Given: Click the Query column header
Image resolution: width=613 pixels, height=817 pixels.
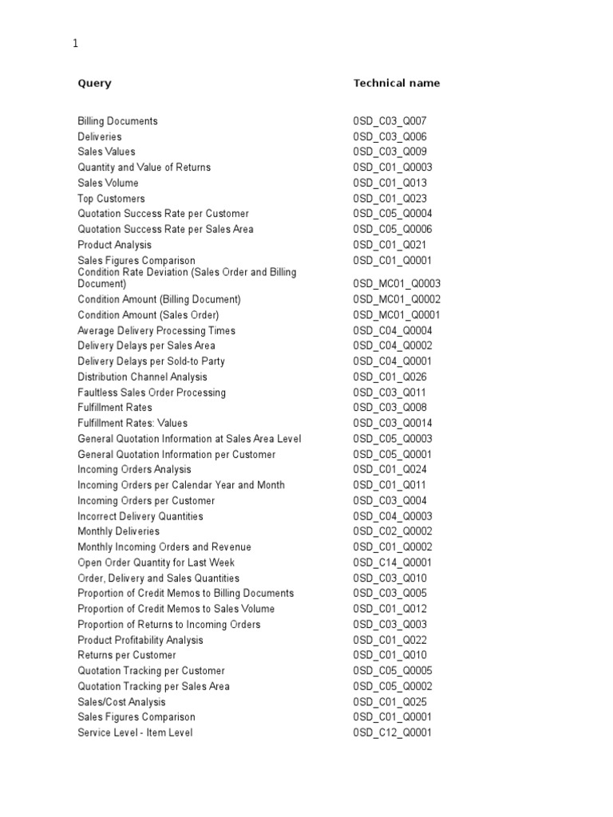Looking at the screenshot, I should [94, 83].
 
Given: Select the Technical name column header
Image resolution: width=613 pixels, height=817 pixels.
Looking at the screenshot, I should [396, 83].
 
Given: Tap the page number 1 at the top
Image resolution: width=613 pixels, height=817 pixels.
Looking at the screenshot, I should [76, 45].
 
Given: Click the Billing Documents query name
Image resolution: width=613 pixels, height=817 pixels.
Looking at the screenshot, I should [117, 121].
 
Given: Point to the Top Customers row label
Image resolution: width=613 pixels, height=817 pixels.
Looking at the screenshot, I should [111, 199].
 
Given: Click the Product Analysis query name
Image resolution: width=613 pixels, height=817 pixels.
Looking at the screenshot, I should [114, 245].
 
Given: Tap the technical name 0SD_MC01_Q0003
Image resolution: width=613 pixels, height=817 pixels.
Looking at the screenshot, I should [397, 283].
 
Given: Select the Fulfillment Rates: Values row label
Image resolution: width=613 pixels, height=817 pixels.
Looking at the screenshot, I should [132, 423].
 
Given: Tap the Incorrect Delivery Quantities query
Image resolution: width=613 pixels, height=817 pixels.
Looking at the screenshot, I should [140, 516].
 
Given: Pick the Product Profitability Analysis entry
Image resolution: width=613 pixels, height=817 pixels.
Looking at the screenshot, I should [140, 640].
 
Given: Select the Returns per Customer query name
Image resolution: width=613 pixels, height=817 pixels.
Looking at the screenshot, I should [127, 655].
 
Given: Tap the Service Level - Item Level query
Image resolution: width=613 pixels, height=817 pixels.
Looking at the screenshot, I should [135, 732].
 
